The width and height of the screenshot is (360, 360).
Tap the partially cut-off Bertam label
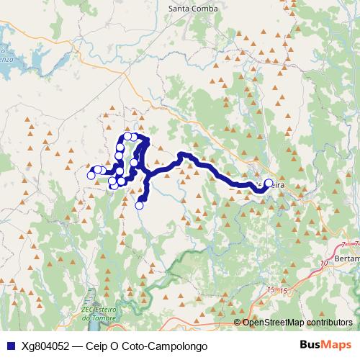click(347, 258)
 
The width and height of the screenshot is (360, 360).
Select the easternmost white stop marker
click(269, 184)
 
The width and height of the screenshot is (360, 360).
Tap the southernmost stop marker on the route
click(140, 205)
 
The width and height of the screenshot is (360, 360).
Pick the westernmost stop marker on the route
click(91, 175)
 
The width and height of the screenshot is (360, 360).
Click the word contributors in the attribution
click(328, 323)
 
